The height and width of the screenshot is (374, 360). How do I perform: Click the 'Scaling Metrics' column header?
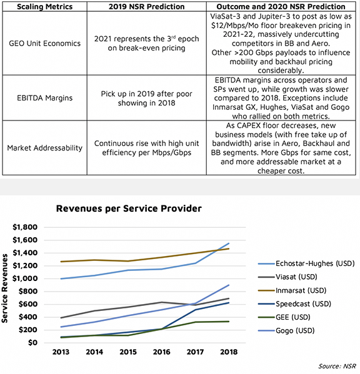(x=44, y=6)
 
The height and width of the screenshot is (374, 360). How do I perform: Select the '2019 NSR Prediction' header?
(x=147, y=6)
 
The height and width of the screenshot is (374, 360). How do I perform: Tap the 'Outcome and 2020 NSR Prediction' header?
(x=281, y=6)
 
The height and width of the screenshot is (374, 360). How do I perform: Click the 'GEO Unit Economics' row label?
(x=44, y=44)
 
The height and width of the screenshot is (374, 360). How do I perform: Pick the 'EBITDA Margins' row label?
(x=44, y=98)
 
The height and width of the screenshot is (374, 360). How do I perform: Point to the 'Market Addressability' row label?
(x=44, y=148)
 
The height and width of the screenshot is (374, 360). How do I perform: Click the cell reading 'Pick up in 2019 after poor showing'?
(x=147, y=98)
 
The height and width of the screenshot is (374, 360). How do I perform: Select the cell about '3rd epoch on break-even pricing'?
(x=147, y=43)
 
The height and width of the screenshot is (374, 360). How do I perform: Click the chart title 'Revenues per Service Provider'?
(x=129, y=209)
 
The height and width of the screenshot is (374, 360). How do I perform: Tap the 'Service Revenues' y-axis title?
(x=4, y=288)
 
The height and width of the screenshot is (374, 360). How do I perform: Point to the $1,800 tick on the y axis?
(x=25, y=227)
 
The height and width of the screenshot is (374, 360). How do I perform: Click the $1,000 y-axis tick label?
(x=25, y=278)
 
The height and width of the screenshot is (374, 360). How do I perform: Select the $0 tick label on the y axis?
(x=32, y=343)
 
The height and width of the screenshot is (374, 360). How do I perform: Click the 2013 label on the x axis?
(x=61, y=352)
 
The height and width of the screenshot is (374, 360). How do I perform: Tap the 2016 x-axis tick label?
(x=162, y=352)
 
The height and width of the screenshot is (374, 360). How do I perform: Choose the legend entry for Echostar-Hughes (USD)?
(x=306, y=263)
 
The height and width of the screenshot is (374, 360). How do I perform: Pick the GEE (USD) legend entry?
(x=284, y=317)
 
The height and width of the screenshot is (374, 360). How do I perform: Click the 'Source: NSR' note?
(x=337, y=366)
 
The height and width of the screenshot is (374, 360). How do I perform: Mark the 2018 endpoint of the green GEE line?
(x=229, y=322)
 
